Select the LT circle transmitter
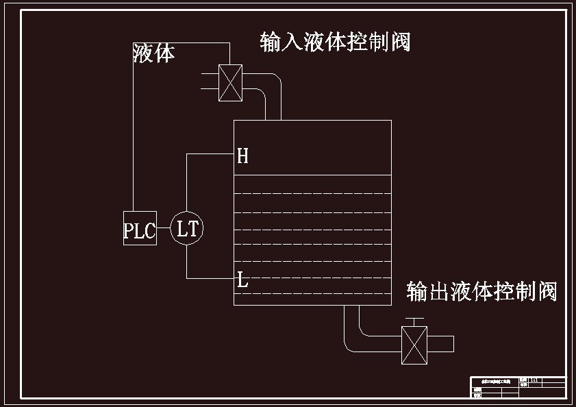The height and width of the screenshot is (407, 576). point(187,228)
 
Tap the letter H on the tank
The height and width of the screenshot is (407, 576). point(242,156)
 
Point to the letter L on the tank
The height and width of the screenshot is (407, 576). point(242,280)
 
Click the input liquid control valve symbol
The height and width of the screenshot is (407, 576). point(230,83)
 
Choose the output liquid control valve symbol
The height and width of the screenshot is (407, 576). point(414,344)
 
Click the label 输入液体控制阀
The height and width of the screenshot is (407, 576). point(335,42)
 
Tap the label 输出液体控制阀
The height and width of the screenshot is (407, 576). point(481,291)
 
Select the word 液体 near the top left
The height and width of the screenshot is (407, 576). point(153,53)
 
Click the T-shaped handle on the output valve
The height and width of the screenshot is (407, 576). point(414,321)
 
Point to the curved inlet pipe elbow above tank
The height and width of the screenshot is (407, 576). point(272,86)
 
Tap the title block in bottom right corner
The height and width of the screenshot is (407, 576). point(518,387)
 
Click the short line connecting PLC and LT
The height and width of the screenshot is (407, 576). point(163,228)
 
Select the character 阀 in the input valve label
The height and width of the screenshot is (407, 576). point(401,42)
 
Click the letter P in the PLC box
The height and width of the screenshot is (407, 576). point(129,231)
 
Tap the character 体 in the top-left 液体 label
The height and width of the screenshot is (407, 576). point(164,53)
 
